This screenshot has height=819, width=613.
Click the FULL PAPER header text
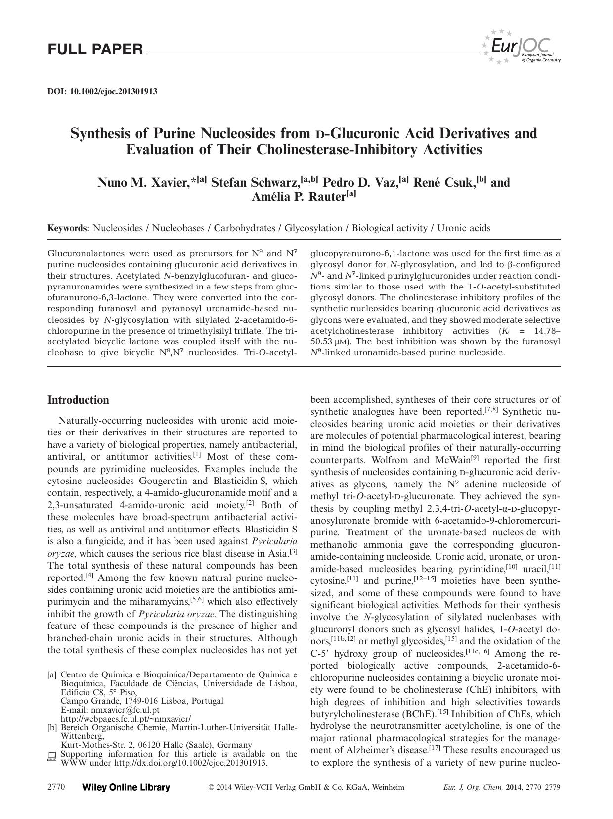click(x=95, y=49)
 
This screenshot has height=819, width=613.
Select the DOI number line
click(x=102, y=91)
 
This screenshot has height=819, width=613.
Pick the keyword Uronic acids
click(x=464, y=228)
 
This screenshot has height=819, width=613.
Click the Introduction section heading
click(x=78, y=400)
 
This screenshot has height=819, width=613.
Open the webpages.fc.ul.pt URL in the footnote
click(x=126, y=719)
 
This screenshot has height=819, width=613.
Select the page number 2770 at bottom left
click(x=56, y=787)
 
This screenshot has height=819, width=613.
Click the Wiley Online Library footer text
click(x=126, y=787)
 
